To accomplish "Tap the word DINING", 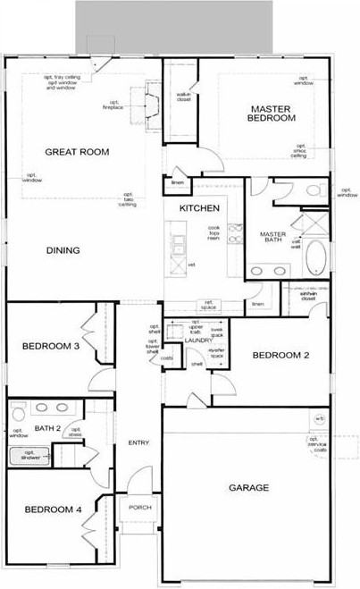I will coord(63,250).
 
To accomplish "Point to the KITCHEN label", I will coord(199,208).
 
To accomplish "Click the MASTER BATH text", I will coord(272,238).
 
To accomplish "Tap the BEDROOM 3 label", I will coord(46,346).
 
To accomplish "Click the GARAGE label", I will coord(249,488).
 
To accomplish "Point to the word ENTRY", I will coord(138,443).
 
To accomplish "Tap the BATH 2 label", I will coord(46,429).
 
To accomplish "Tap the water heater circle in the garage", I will coord(319,419).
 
